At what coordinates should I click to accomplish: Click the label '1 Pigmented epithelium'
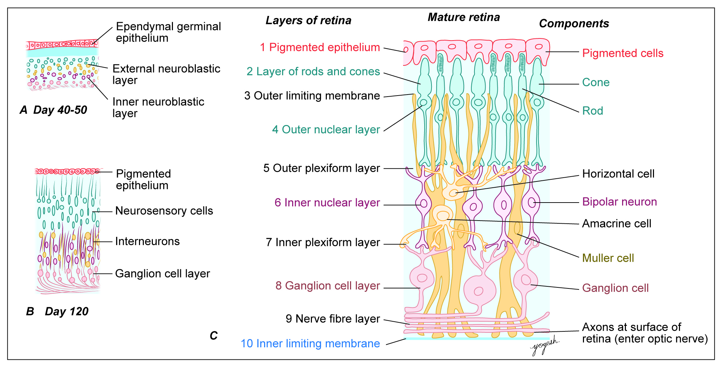click(x=320, y=47)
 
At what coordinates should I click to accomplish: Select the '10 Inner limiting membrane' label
click(x=310, y=343)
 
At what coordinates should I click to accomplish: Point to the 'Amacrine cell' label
click(x=617, y=224)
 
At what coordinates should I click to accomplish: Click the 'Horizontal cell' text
click(x=618, y=174)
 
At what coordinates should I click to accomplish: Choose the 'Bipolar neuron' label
click(x=619, y=202)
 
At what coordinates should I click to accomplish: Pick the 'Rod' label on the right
click(x=593, y=111)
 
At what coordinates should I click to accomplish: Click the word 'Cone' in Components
click(x=596, y=82)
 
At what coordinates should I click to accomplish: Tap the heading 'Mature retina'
click(x=464, y=17)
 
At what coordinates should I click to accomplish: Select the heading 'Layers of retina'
click(x=308, y=20)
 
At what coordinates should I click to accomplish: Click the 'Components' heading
click(x=574, y=24)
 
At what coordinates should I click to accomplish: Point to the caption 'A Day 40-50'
click(x=53, y=110)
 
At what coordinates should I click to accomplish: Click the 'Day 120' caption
click(x=67, y=312)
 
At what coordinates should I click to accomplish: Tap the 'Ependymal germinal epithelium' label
click(x=168, y=32)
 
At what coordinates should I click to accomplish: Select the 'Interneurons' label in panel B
click(x=147, y=241)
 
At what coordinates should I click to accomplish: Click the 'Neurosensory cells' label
click(x=164, y=211)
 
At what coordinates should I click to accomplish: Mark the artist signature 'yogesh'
click(x=544, y=345)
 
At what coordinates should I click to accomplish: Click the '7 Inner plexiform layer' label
click(x=323, y=242)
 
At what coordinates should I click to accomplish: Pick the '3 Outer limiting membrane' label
click(x=312, y=96)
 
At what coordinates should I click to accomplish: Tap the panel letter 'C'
click(x=214, y=336)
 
